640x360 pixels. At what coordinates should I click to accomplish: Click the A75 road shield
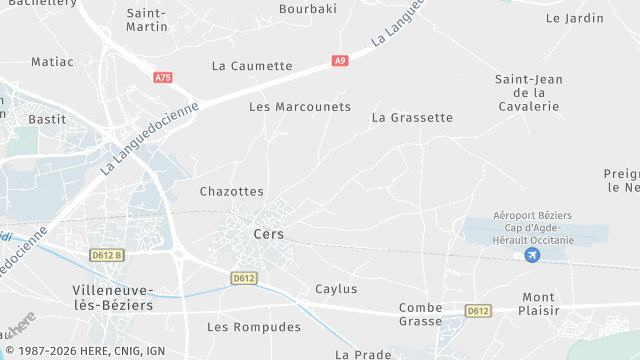[163, 77]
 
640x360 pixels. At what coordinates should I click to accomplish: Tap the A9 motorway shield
[340, 61]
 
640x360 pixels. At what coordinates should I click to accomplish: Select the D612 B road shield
[105, 255]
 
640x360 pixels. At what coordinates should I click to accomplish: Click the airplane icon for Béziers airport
[531, 256]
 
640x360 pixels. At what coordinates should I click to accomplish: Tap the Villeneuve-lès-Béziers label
[113, 297]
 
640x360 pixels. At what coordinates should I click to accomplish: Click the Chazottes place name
[232, 191]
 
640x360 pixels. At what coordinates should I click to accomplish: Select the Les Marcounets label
[300, 107]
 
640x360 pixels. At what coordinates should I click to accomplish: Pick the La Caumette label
[252, 66]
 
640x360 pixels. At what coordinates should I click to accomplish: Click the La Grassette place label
[412, 117]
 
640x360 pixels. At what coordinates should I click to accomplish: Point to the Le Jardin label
[575, 18]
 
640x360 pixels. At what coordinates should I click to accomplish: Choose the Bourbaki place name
[308, 9]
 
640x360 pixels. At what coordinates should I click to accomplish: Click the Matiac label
[52, 61]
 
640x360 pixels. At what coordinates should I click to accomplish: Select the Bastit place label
[48, 118]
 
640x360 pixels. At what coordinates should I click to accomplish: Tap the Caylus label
[336, 289]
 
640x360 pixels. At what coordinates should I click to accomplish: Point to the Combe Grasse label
[420, 314]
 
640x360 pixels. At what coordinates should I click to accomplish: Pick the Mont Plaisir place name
[538, 304]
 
